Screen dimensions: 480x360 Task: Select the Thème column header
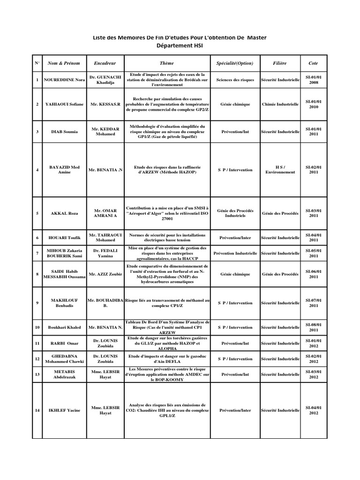coord(166,63)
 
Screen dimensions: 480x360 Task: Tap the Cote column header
coord(313,63)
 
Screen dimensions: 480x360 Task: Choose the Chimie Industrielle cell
coord(280,104)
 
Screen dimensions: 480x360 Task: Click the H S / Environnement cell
coord(280,170)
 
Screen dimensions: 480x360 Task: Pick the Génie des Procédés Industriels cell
coord(235,213)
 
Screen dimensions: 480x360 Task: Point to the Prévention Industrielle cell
coord(235,253)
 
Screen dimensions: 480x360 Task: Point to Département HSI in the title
coord(180,46)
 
